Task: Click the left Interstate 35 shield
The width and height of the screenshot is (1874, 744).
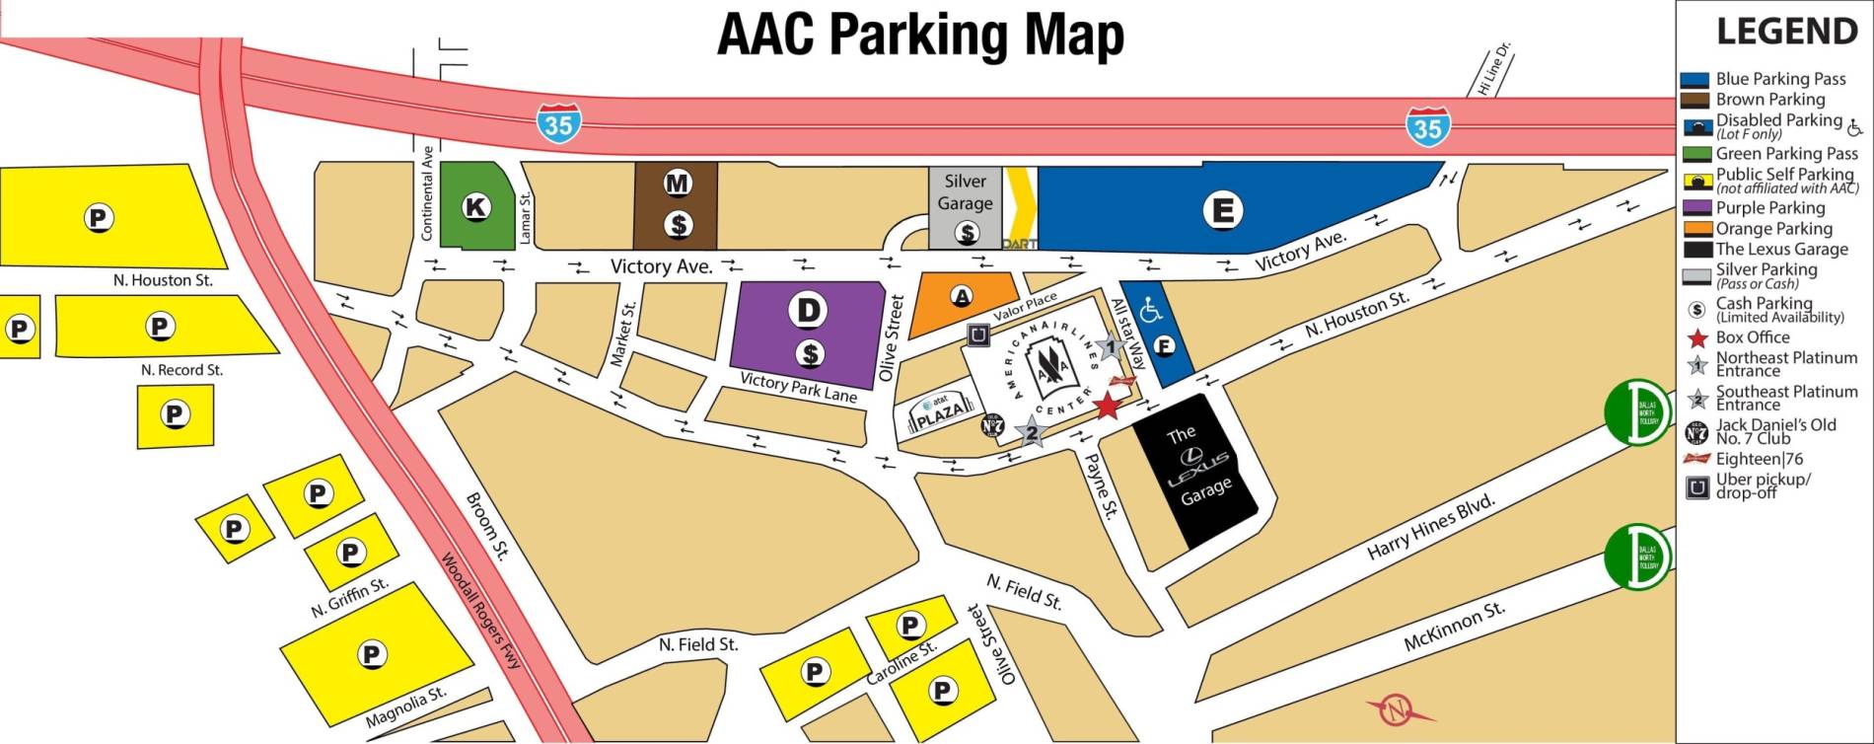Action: [558, 123]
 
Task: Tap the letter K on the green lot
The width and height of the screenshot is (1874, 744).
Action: [475, 207]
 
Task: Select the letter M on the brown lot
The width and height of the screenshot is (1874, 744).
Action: [677, 183]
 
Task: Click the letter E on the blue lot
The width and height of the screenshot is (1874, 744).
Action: [1222, 209]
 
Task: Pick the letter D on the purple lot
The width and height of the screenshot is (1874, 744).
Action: [808, 310]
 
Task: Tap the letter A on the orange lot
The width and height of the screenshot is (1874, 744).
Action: [961, 296]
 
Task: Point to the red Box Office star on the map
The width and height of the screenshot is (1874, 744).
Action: [1107, 405]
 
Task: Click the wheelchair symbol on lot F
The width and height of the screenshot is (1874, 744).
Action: [1151, 311]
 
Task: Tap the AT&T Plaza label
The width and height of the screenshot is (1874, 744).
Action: [936, 415]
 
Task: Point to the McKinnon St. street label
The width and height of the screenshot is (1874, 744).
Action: [1454, 627]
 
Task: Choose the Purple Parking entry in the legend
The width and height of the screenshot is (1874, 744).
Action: [1769, 208]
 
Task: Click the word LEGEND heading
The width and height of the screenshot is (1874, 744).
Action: [1786, 32]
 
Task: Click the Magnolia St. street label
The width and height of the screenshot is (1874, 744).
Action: [405, 707]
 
